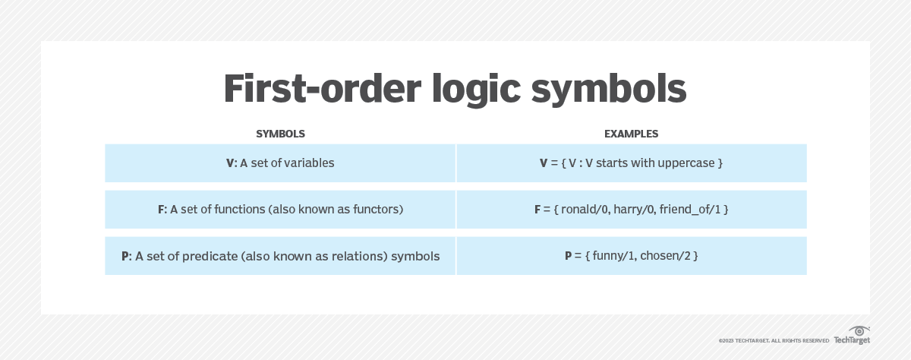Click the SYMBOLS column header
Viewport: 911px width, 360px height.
280,134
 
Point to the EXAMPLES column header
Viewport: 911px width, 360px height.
631,134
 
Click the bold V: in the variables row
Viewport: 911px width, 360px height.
232,163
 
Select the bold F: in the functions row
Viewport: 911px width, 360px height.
162,209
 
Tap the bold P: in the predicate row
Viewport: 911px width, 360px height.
126,256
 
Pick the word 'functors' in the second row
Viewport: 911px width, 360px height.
371,209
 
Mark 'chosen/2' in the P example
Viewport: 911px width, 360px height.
664,256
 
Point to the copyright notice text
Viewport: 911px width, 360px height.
774,340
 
